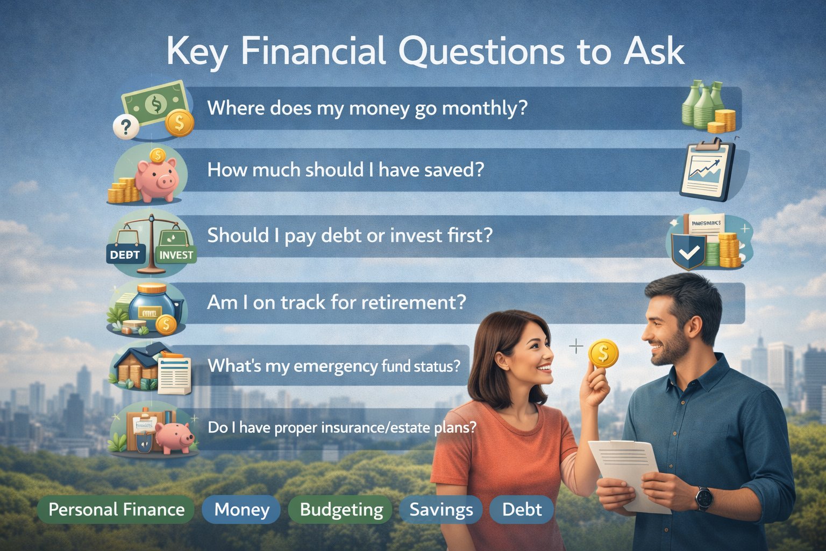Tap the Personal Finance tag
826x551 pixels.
116,510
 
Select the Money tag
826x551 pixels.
241,510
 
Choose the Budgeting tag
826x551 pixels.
341,510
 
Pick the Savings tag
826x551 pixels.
441,510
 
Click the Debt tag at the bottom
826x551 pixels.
522,510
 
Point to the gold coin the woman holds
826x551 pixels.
603,354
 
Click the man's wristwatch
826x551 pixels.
703,498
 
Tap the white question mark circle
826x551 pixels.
126,128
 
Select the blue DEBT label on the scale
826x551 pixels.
125,255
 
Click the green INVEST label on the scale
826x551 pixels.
176,255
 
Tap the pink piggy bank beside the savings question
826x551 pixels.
156,178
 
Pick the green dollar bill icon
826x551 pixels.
155,102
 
